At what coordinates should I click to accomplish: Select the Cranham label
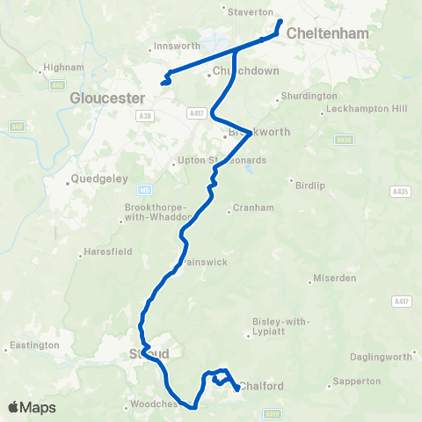click(x=246, y=208)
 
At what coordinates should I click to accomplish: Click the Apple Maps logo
click(x=31, y=407)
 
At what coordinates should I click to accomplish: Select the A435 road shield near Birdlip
click(x=402, y=191)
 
